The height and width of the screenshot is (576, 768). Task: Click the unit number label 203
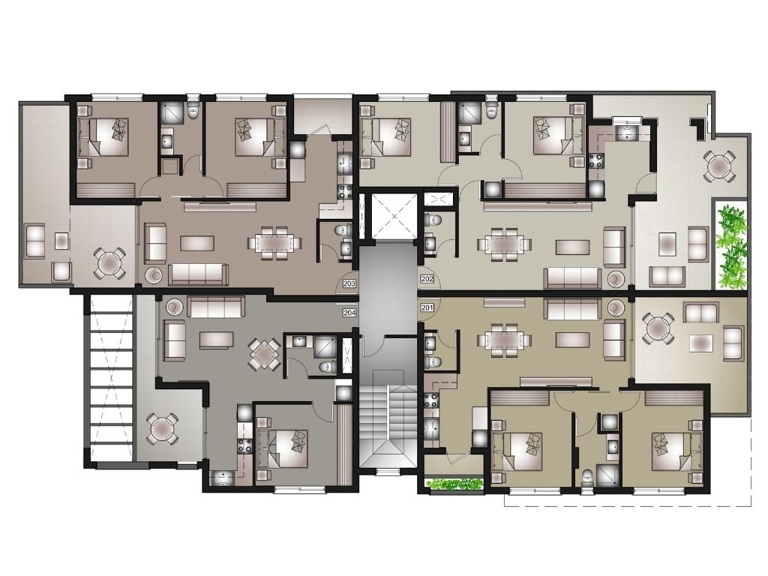349,283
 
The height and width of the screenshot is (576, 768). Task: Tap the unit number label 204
349,313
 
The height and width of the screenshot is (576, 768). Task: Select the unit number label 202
427,279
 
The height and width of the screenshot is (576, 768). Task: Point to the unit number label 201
427,308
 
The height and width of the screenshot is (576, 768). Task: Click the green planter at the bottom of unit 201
454,484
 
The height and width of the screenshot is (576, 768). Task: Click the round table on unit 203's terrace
109,264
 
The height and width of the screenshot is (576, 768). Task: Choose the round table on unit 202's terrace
718,166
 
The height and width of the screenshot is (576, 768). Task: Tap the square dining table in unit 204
265,353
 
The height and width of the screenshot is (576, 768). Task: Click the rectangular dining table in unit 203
274,242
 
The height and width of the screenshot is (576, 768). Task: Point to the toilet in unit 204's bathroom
325,366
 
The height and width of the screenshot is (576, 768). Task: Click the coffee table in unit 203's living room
197,243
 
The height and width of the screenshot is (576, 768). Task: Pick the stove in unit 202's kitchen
597,160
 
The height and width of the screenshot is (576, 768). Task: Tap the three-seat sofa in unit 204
216,307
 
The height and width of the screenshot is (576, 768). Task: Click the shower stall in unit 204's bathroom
323,346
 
